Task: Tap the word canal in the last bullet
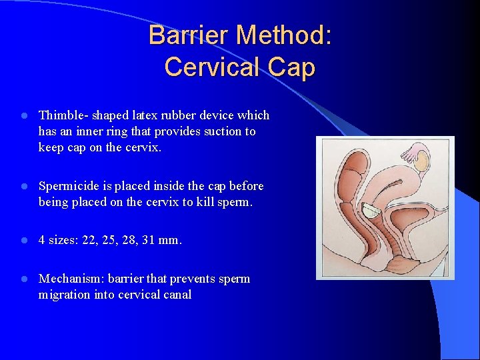177,295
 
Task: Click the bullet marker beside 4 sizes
23,240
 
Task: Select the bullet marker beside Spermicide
23,186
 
